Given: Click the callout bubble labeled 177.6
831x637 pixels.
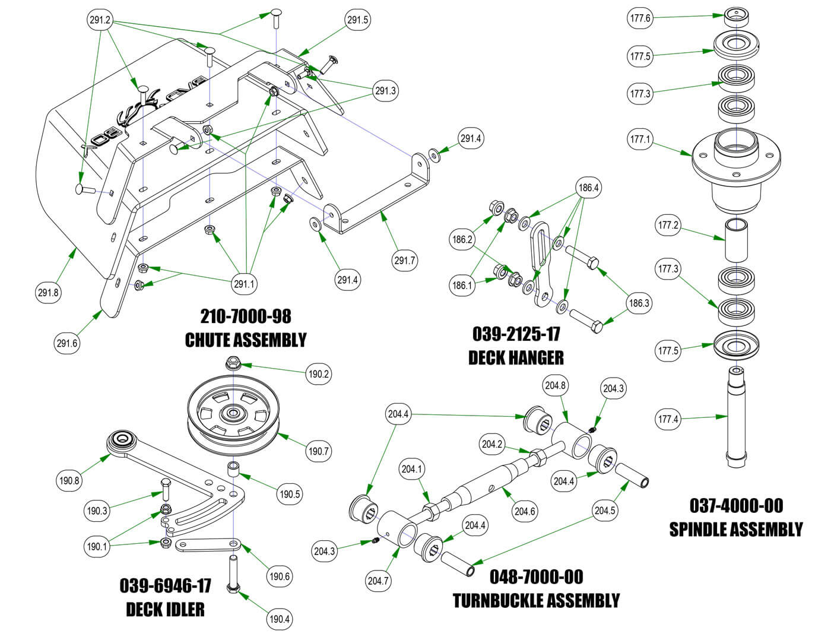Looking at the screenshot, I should pyautogui.click(x=640, y=18).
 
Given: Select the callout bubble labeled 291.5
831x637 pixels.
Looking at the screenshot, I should pyautogui.click(x=358, y=20).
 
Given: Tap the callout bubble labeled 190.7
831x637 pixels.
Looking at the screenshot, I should pyautogui.click(x=318, y=451).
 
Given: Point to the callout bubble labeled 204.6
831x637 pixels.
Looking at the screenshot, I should pyautogui.click(x=525, y=511).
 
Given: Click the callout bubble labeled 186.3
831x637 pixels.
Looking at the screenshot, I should pyautogui.click(x=639, y=303).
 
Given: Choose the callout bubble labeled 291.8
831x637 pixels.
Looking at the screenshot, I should pyautogui.click(x=49, y=292).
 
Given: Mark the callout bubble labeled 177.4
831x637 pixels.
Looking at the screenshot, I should pyautogui.click(x=668, y=419).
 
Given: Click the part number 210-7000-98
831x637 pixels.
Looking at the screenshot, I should pyautogui.click(x=246, y=316).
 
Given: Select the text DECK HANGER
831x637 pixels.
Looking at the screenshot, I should pyautogui.click(x=516, y=357).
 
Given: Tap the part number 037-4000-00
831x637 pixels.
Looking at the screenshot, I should pyautogui.click(x=736, y=506).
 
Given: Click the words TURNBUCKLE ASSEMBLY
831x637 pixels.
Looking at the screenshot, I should pyautogui.click(x=536, y=600).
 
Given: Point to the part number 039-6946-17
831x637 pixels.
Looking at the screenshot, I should pyautogui.click(x=166, y=585).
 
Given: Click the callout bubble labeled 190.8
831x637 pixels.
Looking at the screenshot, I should pyautogui.click(x=69, y=481).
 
